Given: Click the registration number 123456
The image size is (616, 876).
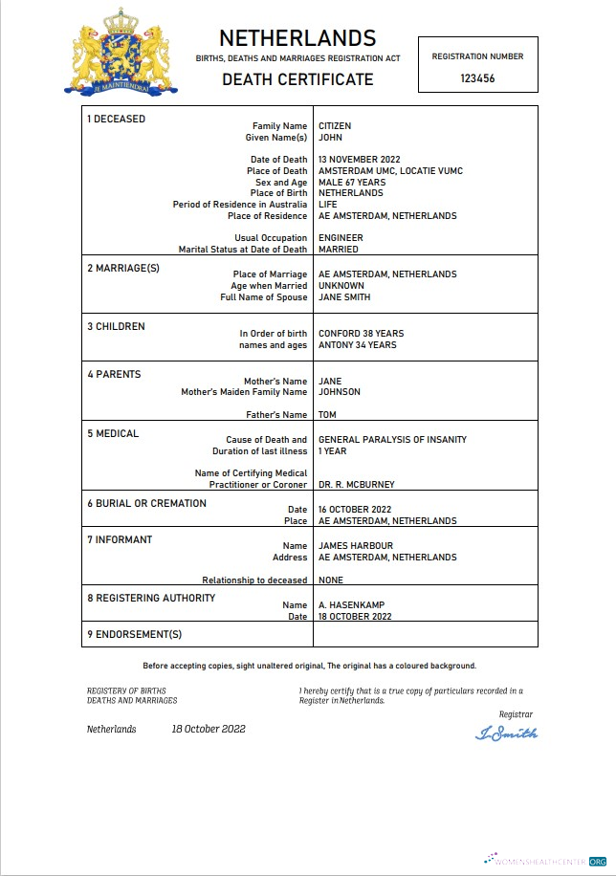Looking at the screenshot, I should [477, 79].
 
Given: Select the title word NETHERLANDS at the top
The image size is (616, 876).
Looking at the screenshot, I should [297, 38].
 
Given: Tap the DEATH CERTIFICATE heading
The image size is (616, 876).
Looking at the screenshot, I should [297, 79].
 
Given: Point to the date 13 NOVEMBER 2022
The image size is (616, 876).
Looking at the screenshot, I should [359, 160].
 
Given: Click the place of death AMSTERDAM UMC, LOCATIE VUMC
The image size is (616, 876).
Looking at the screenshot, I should [390, 171].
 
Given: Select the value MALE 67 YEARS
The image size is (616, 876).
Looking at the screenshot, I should [352, 183].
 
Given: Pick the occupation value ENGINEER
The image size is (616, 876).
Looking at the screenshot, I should [341, 238].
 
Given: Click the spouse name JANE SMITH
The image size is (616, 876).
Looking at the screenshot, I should [344, 297].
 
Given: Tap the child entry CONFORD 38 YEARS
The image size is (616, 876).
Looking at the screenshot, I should [361, 334].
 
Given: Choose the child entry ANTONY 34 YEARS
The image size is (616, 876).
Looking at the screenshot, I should [357, 345].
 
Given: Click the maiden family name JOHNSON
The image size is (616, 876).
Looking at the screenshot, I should [341, 392].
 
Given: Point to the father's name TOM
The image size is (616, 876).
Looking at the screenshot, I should [327, 415].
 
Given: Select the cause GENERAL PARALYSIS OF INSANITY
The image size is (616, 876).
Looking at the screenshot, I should [392, 440].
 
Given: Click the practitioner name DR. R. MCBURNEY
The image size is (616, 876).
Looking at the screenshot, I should [356, 484].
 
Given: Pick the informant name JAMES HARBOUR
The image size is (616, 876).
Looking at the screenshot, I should [354, 546].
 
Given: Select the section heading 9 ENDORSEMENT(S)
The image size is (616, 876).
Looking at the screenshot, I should [134, 634].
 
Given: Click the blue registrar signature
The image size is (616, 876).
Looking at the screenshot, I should [506, 734].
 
